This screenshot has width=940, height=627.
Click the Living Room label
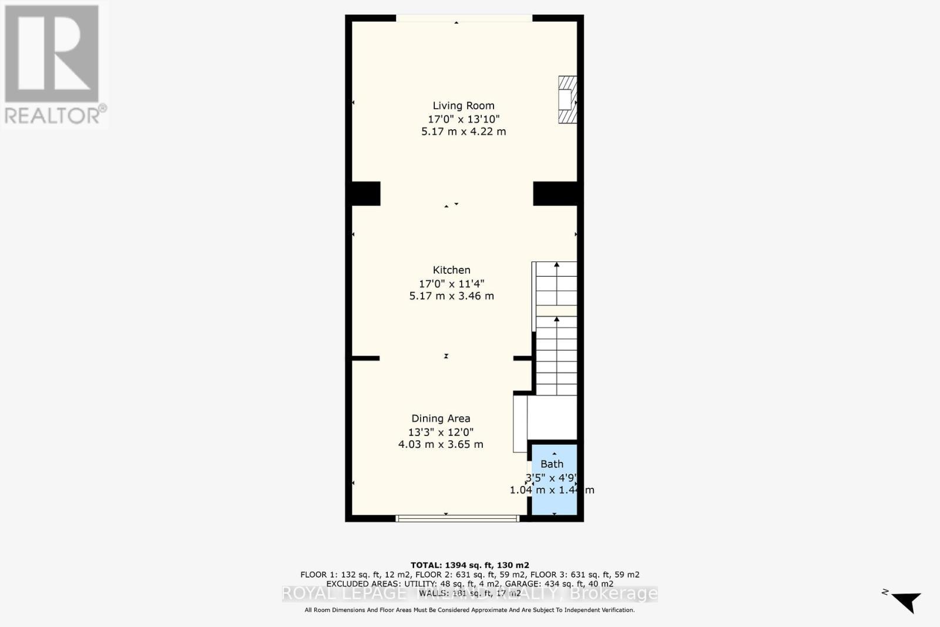[464, 106]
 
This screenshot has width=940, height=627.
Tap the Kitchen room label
[451, 270]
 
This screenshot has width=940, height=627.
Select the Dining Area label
[441, 419]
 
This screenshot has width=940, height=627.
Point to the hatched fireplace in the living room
[568, 99]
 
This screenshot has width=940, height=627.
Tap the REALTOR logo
[53, 65]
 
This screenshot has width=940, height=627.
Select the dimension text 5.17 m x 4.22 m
[464, 132]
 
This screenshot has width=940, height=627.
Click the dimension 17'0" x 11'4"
[451, 283]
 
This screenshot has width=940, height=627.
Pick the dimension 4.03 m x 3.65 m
[441, 445]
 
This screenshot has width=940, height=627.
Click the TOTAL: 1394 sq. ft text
[469, 565]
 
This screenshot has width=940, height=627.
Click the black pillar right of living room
[555, 193]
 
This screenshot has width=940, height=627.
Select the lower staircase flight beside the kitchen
[556, 356]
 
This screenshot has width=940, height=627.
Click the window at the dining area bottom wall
[458, 518]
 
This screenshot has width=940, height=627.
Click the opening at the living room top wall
[464, 18]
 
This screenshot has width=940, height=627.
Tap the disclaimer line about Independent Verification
[469, 611]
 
